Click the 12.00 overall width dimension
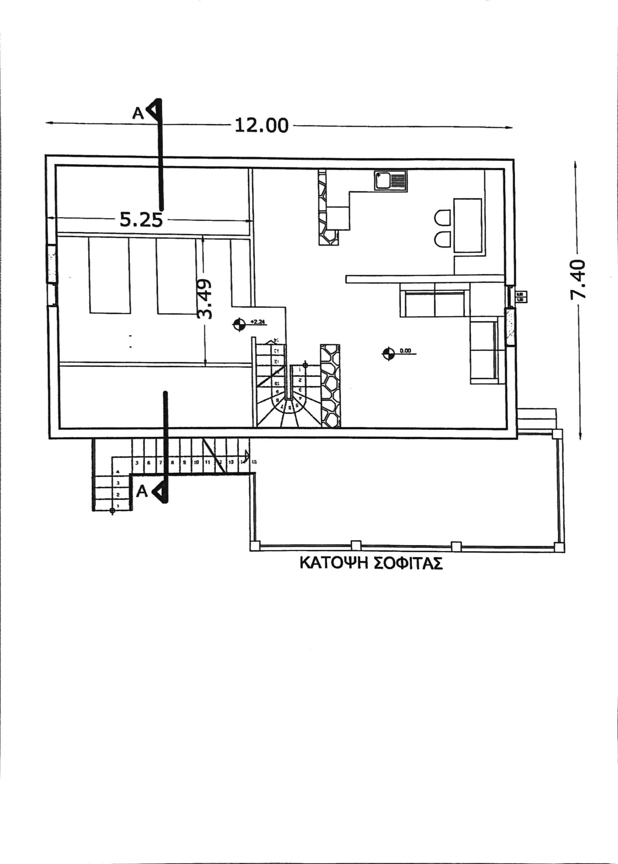point(261,125)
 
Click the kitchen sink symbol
point(390,181)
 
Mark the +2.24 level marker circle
point(238,324)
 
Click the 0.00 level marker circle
point(388,353)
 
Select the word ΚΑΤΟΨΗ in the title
point(333,563)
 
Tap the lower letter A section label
point(142,491)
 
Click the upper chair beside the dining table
point(443,218)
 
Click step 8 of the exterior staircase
point(172,463)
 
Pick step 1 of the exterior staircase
point(118,506)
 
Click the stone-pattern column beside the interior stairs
point(330,385)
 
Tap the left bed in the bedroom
point(109,275)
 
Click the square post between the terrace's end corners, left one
point(356,546)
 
